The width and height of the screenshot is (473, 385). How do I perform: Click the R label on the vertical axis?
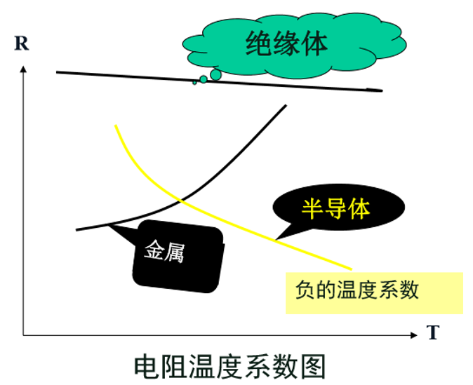point(21,44)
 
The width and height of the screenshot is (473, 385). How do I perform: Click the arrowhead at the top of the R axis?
point(24,69)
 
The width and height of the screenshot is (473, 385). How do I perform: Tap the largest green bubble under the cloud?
point(215,74)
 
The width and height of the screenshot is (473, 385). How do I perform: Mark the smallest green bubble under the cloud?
point(194,83)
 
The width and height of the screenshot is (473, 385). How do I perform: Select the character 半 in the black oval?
point(312,208)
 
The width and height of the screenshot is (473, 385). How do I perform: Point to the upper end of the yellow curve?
point(116,126)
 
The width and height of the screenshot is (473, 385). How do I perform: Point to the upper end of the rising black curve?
point(286,105)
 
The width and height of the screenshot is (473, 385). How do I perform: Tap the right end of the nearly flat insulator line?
point(382,90)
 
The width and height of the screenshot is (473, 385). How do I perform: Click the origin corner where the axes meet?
point(24,332)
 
